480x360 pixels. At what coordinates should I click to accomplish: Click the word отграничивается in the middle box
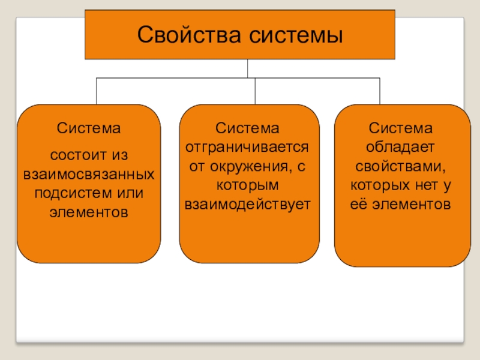tap(248, 147)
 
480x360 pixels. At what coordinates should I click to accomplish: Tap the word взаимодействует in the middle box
tap(248, 204)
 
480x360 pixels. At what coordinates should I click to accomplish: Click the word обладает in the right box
tap(400, 147)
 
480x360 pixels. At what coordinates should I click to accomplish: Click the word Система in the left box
tap(89, 128)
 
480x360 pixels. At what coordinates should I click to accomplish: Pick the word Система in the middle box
tap(248, 128)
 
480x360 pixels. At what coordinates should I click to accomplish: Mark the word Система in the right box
tap(400, 128)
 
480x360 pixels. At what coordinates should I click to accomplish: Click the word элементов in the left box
tap(89, 212)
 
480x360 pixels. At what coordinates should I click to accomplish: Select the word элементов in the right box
tap(410, 204)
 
